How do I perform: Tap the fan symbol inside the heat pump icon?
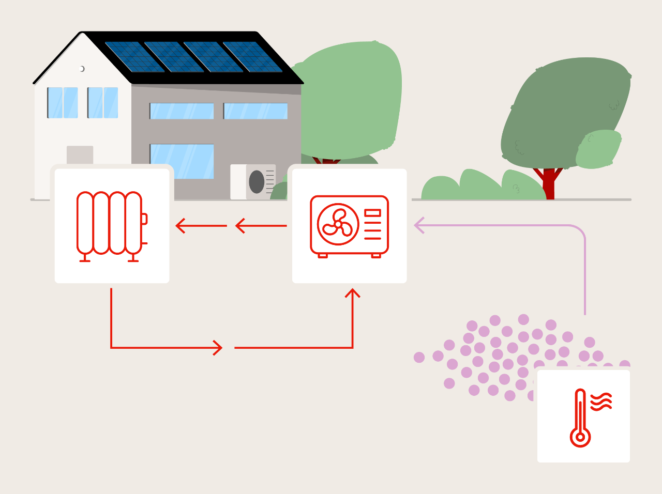338,224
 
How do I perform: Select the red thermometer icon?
580,419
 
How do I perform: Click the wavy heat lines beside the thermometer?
601,402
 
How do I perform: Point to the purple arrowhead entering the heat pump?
419,225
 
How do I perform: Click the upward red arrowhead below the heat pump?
353,294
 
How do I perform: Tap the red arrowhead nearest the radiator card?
181,226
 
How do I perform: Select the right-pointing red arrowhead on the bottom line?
218,348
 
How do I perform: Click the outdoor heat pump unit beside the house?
253,182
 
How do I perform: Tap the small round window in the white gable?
82,69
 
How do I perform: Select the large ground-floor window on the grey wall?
182,161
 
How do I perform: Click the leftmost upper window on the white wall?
63,103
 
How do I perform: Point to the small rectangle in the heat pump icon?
372,213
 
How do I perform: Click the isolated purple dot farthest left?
419,357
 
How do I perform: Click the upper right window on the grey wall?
255,111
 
